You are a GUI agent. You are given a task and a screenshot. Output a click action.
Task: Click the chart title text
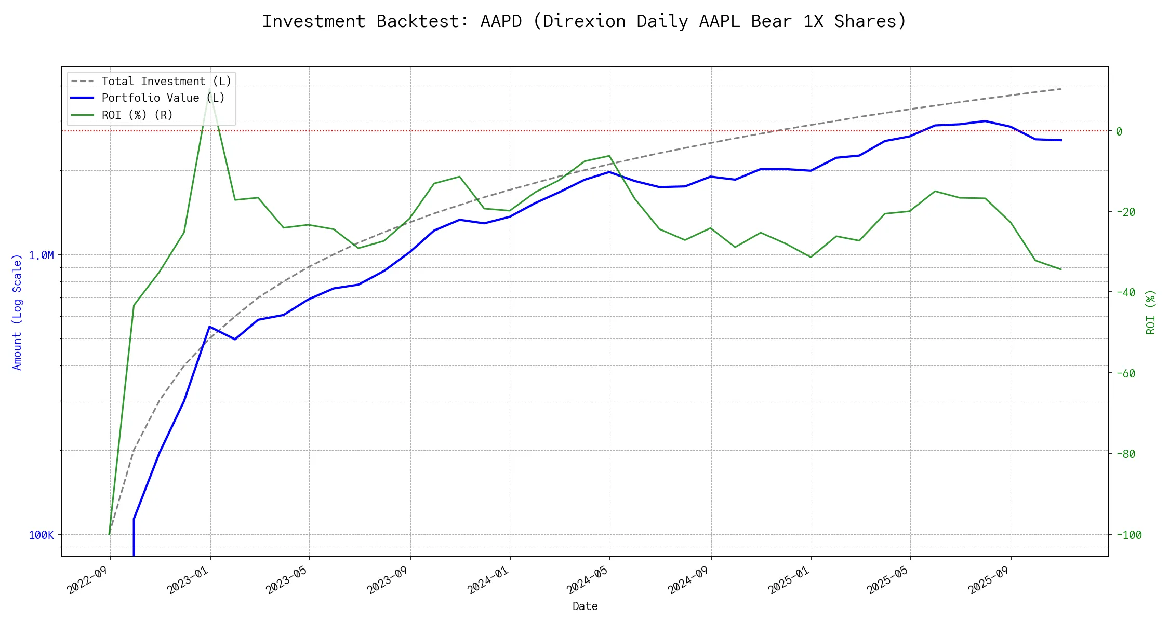point(584,21)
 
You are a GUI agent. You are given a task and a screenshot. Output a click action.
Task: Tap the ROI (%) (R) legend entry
point(137,115)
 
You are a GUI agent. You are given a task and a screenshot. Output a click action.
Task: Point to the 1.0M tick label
point(41,255)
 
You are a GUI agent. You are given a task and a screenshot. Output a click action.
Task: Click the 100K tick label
point(41,535)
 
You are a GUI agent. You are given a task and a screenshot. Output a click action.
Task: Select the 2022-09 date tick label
point(87,579)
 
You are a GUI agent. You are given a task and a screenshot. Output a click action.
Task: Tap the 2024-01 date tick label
point(487,579)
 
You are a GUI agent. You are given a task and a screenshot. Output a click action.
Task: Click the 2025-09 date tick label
point(988,579)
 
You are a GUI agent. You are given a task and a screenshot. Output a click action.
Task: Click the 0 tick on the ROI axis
point(1119,131)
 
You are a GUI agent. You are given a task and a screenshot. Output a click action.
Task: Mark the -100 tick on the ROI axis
point(1128,535)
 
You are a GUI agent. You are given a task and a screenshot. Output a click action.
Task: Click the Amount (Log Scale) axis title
point(17,311)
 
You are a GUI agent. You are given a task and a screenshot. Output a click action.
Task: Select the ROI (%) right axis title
point(1151,311)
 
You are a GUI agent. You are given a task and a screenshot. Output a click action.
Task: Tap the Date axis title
point(585,606)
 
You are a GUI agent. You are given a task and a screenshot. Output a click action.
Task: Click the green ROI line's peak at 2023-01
point(209,89)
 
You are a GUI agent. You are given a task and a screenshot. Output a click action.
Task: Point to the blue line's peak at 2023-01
point(209,327)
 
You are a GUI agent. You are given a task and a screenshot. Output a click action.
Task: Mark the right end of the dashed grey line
point(1061,89)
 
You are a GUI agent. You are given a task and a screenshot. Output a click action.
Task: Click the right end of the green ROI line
point(1061,269)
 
